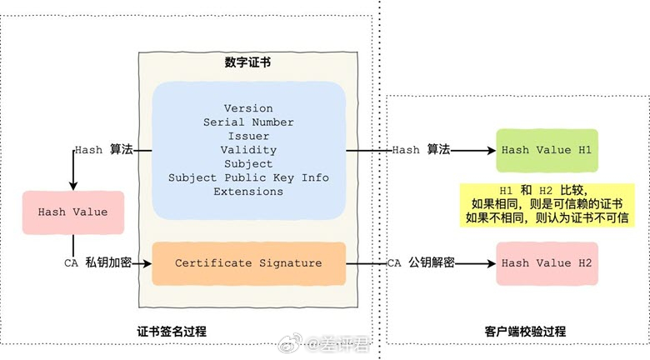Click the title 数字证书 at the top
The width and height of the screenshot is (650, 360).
pyautogui.click(x=247, y=62)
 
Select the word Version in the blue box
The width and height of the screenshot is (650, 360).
pyautogui.click(x=248, y=109)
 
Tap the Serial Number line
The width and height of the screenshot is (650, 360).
pyautogui.click(x=248, y=122)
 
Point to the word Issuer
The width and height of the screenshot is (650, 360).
pyautogui.click(x=248, y=136)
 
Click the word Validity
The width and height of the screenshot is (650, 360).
pyautogui.click(x=248, y=150)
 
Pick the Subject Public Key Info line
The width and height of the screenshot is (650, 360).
pyautogui.click(x=248, y=177)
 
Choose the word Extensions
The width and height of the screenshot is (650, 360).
pyautogui.click(x=248, y=191)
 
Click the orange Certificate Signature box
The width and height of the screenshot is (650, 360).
pyautogui.click(x=248, y=263)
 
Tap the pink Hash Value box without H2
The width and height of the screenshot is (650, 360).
pyautogui.click(x=72, y=212)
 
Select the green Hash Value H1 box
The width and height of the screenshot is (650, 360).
pyautogui.click(x=546, y=150)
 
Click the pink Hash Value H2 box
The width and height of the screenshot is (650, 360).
pyautogui.click(x=546, y=263)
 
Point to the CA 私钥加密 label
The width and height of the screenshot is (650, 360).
pyautogui.click(x=97, y=263)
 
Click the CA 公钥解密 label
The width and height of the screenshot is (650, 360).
pyautogui.click(x=421, y=263)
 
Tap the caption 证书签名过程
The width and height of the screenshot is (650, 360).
pyautogui.click(x=172, y=332)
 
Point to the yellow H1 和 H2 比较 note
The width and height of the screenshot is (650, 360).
pyautogui.click(x=546, y=204)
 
